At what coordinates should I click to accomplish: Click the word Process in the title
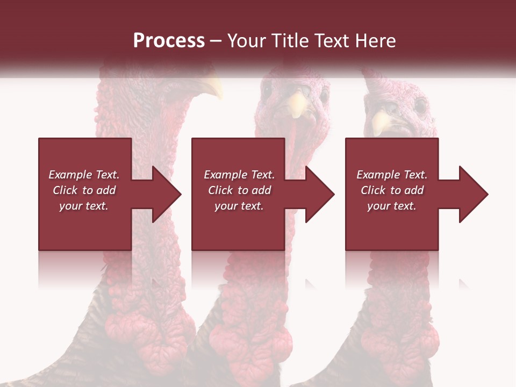point(169,40)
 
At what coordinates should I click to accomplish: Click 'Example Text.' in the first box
point(84,175)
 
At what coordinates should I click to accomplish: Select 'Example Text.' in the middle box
point(239,175)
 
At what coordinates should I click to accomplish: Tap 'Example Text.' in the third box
point(392,175)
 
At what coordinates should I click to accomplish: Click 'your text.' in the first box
point(84,206)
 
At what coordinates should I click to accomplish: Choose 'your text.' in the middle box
point(239,206)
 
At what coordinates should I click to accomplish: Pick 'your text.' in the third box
point(392,206)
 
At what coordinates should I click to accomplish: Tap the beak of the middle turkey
point(295,105)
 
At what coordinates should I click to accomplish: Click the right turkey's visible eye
point(420,105)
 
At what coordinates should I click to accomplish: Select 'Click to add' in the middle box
point(239,190)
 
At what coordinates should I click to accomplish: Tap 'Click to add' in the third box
point(392,190)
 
